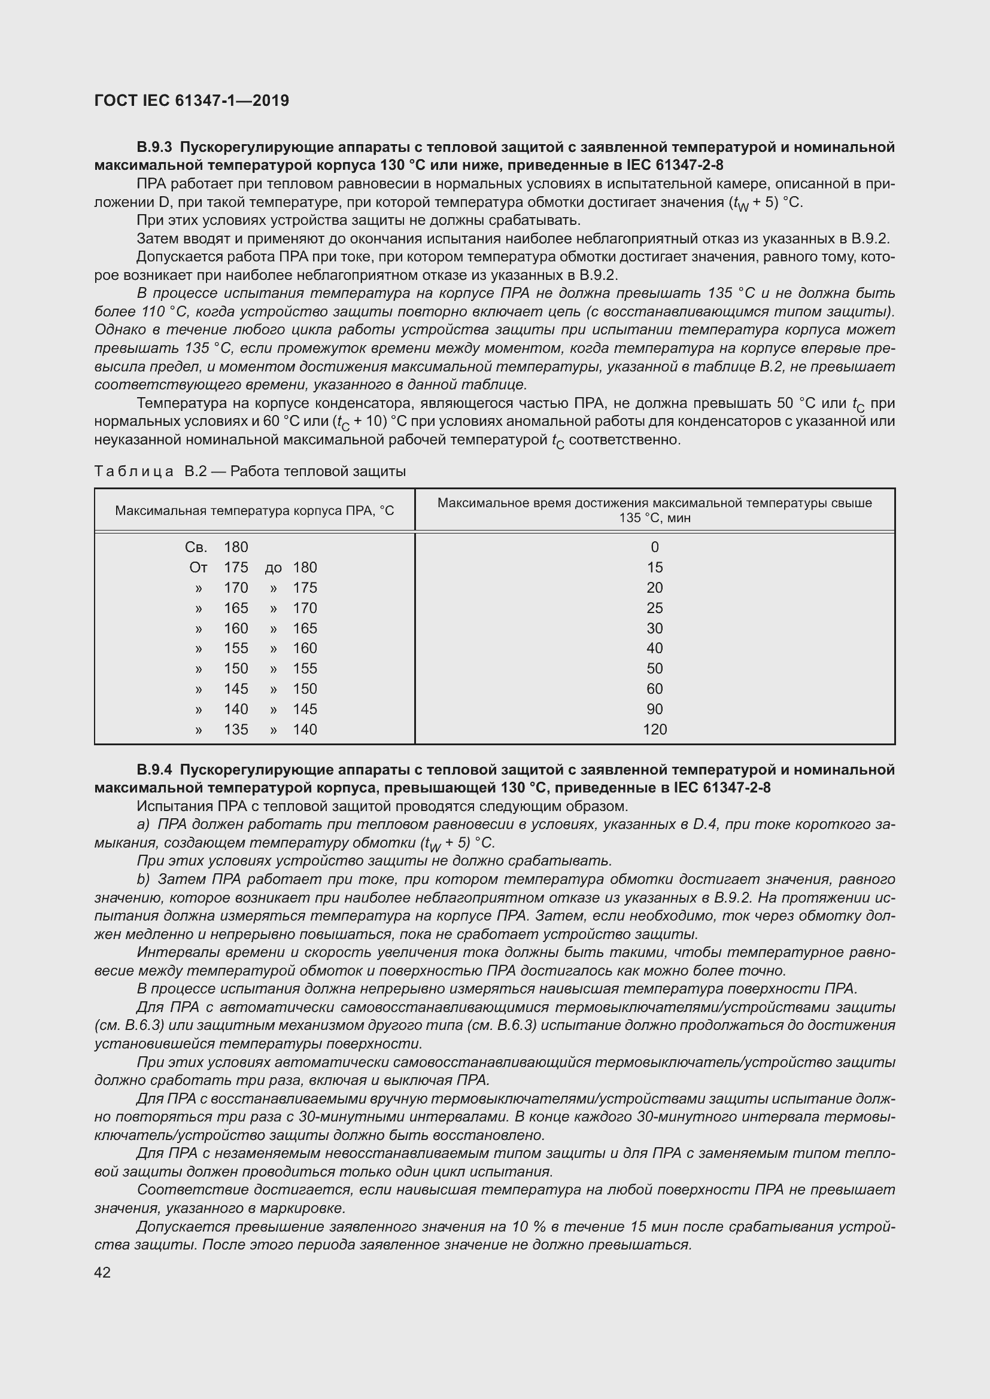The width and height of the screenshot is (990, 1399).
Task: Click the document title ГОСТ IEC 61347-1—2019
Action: (x=192, y=100)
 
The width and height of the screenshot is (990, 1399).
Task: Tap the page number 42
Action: (x=102, y=1272)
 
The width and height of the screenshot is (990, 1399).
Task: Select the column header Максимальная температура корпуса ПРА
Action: (x=254, y=510)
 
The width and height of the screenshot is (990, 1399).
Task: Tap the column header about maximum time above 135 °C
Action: (x=654, y=510)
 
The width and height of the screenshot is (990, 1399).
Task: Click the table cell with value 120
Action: (x=655, y=729)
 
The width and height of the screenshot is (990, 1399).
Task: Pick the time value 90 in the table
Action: (x=655, y=709)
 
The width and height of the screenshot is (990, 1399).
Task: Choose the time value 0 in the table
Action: (x=655, y=547)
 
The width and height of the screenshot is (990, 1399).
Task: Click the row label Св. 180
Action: (x=217, y=547)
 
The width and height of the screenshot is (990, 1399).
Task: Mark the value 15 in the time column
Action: (x=655, y=567)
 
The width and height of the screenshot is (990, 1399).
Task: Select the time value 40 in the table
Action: (x=655, y=648)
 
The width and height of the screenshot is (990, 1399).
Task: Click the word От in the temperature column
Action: (x=198, y=567)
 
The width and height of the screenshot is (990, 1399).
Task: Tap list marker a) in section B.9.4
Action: (x=143, y=824)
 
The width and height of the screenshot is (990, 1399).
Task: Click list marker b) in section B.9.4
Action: (x=143, y=879)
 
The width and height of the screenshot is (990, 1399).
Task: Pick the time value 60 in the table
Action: (x=655, y=688)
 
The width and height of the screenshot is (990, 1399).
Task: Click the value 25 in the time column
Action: (x=655, y=608)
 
